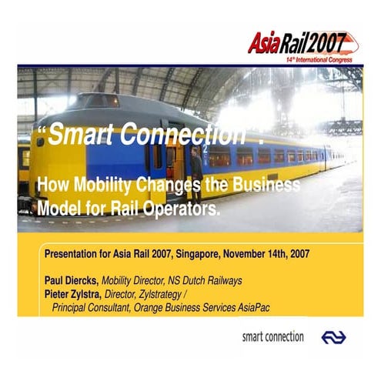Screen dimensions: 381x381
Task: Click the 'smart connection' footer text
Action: coord(272,337)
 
